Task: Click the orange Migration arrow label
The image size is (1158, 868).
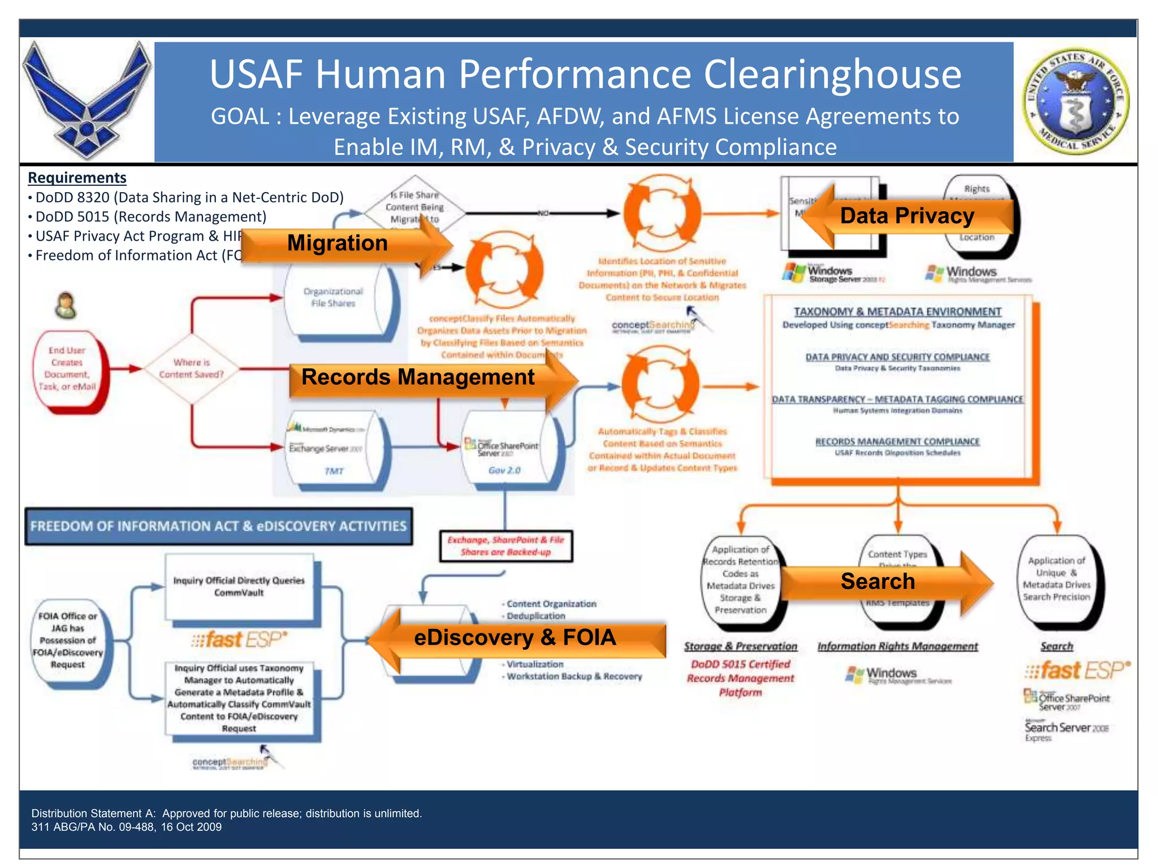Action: tap(338, 244)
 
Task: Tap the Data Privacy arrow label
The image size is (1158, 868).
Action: tap(907, 216)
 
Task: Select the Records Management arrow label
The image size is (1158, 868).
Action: tap(418, 377)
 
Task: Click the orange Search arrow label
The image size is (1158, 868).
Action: tap(878, 581)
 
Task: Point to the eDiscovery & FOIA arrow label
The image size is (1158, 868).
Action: tap(515, 637)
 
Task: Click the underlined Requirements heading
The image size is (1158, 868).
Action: tap(77, 178)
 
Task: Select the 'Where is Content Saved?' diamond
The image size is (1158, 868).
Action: tap(191, 368)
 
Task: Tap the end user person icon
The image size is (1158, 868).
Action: tap(66, 306)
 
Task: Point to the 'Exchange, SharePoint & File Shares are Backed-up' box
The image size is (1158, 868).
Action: tap(505, 546)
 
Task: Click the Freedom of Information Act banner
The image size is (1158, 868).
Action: tap(218, 526)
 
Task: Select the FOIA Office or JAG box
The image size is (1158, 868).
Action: tap(68, 640)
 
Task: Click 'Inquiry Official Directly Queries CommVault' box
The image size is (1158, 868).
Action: tap(239, 587)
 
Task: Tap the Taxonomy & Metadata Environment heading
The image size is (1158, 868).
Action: tap(897, 312)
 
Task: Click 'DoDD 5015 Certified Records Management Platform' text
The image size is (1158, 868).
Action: tap(740, 678)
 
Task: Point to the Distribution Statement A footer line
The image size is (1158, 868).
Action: tap(226, 813)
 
